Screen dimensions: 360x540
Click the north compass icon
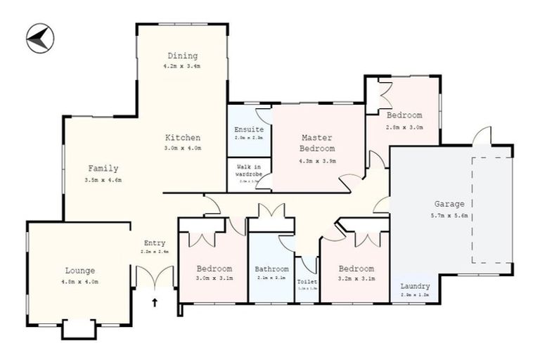coord(40,38)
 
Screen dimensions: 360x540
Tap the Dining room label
coord(182,56)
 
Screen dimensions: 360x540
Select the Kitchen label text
coord(183,138)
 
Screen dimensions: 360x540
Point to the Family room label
coord(103,169)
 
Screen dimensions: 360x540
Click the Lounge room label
coord(79,271)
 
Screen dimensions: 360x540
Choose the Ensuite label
coord(249,129)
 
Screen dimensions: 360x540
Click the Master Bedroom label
coord(317,143)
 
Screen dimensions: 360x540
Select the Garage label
coord(449,205)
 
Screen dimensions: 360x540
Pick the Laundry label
coord(415,286)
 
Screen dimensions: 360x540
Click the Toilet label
coord(307,281)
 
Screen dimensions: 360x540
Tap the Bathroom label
coord(271,269)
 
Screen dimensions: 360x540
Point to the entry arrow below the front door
coord(155,303)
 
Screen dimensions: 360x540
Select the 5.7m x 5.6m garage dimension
coord(449,215)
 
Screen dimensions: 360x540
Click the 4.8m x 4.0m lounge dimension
coord(79,281)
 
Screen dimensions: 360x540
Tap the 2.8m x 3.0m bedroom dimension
coord(404,127)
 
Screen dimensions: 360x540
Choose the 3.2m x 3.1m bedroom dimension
coord(355,279)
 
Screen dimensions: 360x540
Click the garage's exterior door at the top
coord(482,136)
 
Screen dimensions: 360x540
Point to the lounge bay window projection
coord(79,328)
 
